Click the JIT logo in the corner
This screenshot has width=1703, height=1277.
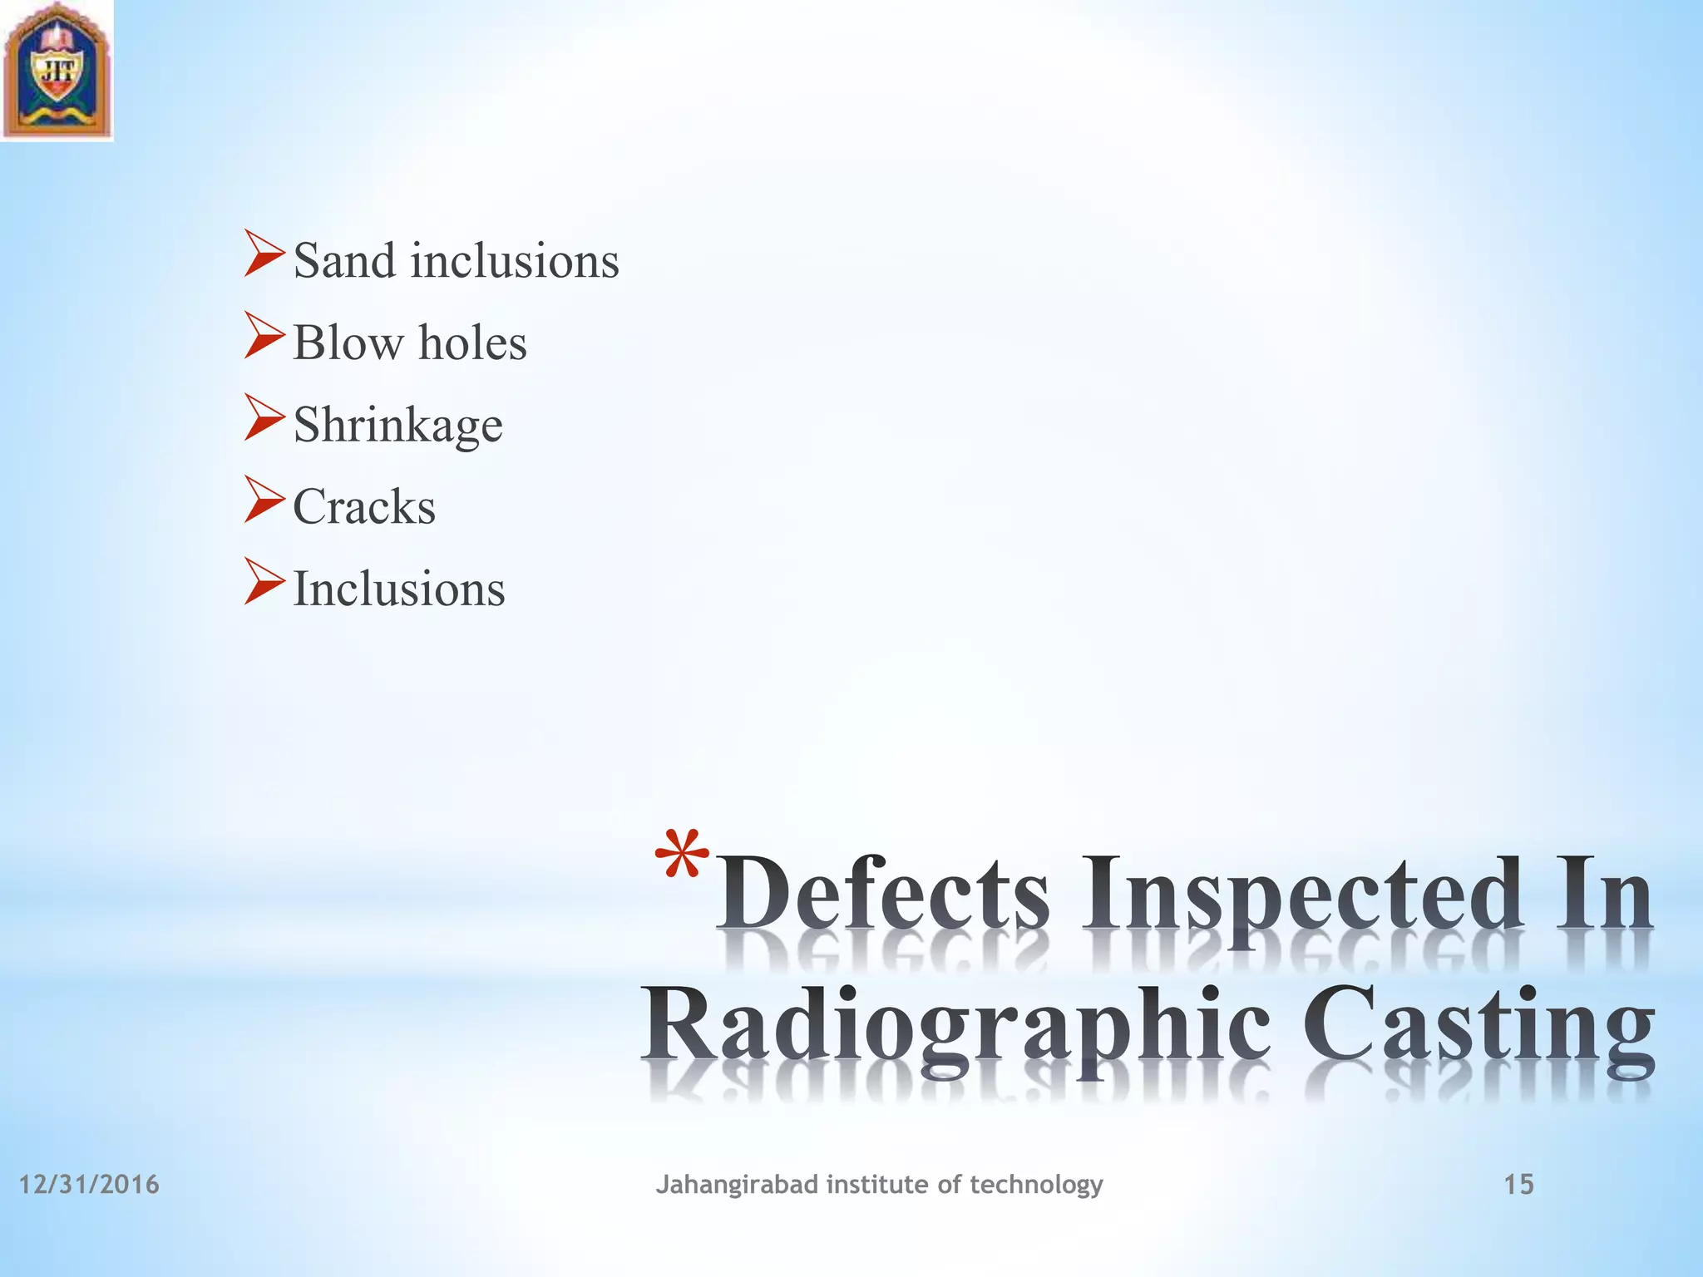[57, 71]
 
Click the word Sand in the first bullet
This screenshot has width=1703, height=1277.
[343, 261]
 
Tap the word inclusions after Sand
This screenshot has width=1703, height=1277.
[515, 261]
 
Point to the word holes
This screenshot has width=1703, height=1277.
[472, 343]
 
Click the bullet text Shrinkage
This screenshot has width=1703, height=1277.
[397, 426]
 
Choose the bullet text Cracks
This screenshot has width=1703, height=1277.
[364, 506]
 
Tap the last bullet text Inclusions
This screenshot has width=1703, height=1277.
[399, 589]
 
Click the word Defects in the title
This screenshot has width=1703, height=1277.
[883, 896]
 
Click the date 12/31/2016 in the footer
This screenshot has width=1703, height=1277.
[89, 1184]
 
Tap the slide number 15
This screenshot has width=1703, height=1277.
[1518, 1184]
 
